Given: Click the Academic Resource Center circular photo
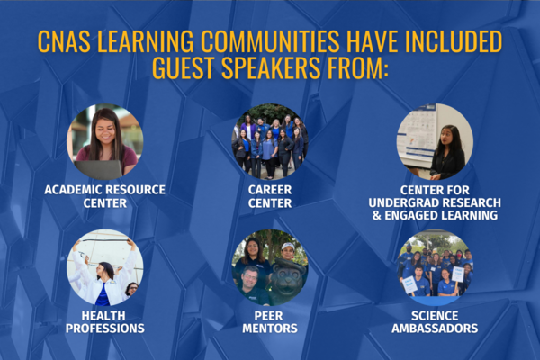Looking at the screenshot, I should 104,142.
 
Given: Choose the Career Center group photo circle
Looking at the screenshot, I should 270,142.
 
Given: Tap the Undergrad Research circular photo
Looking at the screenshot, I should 435,142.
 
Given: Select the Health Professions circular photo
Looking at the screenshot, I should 104,267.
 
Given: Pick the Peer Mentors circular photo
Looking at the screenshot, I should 270,267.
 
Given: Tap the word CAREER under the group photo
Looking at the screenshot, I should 270,190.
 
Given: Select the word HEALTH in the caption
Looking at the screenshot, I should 104,315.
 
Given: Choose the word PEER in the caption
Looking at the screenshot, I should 270,315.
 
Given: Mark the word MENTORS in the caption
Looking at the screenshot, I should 270,328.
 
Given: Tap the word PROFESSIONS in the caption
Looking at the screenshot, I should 104,328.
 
